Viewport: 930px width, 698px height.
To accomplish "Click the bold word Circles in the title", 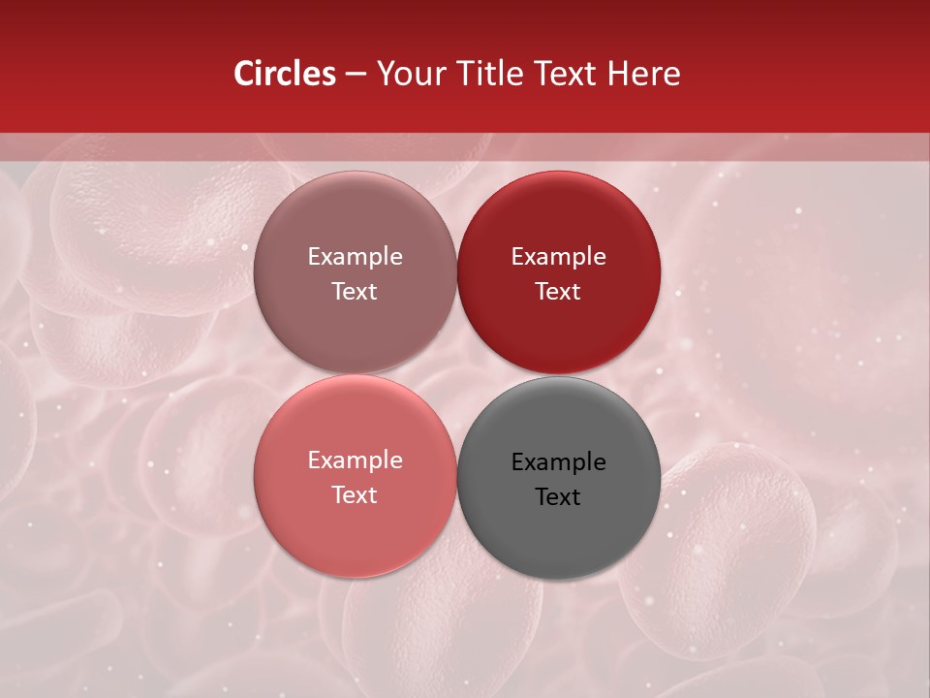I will click(x=285, y=74).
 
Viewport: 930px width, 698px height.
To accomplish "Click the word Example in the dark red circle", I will click(x=558, y=257).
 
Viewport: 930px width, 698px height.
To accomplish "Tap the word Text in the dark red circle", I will click(x=558, y=292).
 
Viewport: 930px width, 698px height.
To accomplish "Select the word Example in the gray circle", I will click(x=558, y=462).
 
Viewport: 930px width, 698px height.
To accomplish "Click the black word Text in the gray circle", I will click(x=558, y=497).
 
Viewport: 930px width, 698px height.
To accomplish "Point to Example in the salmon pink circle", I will click(x=355, y=460).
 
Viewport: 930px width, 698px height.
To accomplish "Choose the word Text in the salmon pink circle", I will click(x=355, y=495).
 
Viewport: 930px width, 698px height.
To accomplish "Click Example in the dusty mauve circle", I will click(x=355, y=257).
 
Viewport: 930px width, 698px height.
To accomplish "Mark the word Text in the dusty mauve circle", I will click(x=355, y=292).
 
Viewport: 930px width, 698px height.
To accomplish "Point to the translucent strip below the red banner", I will click(x=145, y=146).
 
